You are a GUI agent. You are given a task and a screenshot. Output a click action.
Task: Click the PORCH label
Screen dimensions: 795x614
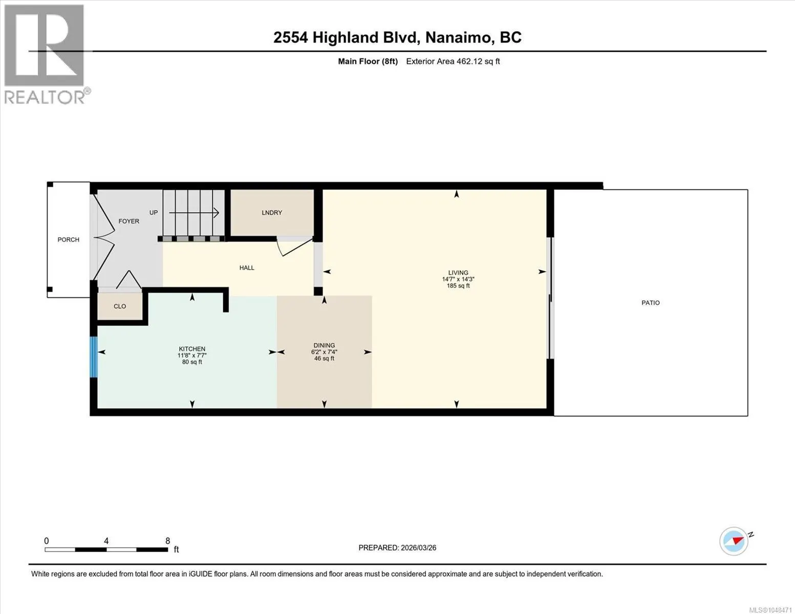(x=69, y=239)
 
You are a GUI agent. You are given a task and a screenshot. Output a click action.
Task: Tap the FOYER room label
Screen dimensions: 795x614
(x=129, y=221)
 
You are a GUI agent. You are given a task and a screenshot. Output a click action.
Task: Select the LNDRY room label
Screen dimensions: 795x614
(x=272, y=212)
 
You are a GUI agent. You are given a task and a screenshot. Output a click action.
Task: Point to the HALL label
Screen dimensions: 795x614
(x=247, y=268)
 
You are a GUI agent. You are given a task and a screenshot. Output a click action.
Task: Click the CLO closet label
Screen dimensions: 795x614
(x=120, y=306)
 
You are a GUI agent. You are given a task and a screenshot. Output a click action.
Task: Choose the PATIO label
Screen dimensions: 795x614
(x=651, y=303)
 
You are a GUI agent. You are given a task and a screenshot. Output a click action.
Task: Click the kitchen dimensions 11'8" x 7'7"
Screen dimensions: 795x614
(x=192, y=356)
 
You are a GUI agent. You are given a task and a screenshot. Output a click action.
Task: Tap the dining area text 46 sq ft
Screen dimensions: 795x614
(x=324, y=358)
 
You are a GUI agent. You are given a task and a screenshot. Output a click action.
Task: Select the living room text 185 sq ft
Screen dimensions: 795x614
(x=458, y=286)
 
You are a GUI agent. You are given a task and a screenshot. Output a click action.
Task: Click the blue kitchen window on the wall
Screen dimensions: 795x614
(x=94, y=357)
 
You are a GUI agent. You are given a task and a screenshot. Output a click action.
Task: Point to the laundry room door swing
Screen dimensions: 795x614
(x=294, y=246)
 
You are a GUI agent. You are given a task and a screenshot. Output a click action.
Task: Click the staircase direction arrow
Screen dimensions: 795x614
(x=194, y=212)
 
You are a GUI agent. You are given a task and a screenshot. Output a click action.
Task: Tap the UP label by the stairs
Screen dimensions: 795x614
(x=154, y=212)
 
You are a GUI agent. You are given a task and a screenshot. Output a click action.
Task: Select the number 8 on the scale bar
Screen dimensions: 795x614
(x=167, y=541)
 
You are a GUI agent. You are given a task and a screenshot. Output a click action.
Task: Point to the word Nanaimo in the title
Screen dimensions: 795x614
(x=459, y=37)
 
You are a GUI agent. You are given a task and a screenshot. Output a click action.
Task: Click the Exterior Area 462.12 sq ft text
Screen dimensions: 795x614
(x=453, y=61)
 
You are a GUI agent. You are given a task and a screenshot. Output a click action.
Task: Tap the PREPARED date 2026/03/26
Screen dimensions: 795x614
(x=419, y=548)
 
